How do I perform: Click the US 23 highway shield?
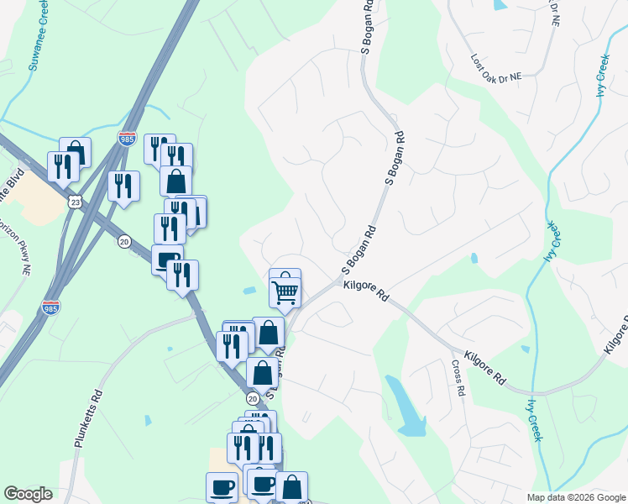75,202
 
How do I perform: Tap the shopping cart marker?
285,293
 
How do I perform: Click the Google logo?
28,494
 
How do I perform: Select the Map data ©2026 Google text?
575,497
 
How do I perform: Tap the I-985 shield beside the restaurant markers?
127,139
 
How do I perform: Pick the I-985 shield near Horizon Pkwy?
50,307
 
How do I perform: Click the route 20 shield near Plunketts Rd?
253,396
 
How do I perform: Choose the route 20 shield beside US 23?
124,241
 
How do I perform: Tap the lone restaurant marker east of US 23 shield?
123,186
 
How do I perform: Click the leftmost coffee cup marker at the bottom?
222,486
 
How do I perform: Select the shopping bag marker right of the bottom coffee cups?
291,486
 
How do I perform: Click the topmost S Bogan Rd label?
366,29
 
